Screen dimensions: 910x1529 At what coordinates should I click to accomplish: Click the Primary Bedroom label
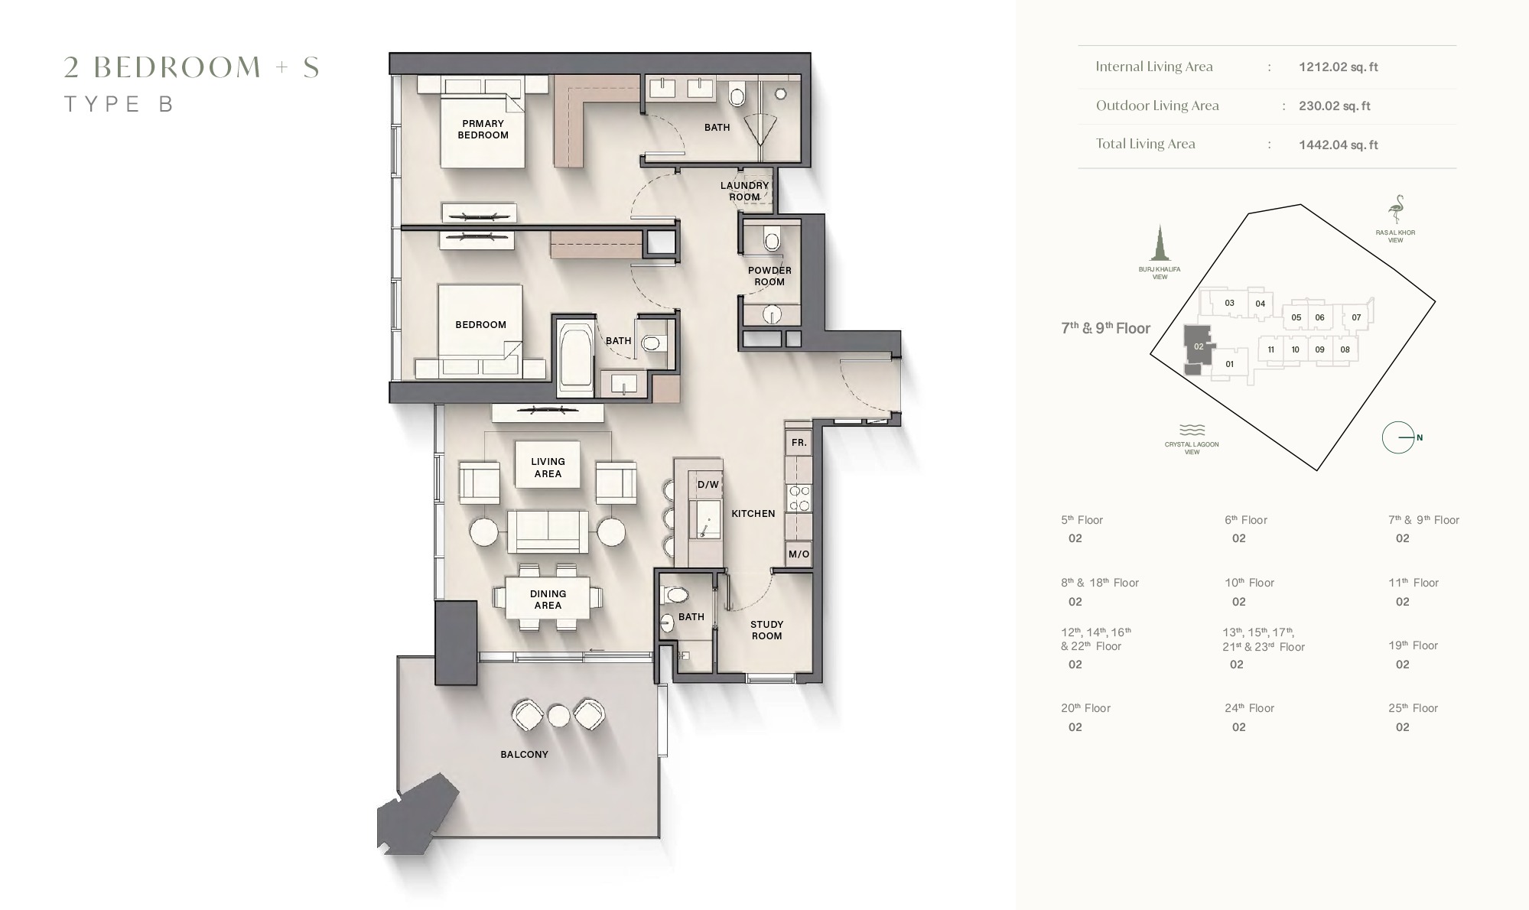click(483, 129)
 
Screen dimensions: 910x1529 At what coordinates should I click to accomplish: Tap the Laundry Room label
click(744, 191)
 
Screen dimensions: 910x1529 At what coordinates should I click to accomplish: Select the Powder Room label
click(769, 276)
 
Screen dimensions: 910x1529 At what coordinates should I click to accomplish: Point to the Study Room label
click(766, 630)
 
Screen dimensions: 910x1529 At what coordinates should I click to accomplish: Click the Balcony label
click(524, 755)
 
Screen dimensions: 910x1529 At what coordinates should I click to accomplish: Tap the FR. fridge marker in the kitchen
click(799, 443)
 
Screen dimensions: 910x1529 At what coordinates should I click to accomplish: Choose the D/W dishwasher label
click(708, 485)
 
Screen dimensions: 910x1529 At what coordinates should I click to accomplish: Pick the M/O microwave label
click(799, 554)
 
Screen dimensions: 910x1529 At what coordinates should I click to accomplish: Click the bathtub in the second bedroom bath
click(575, 358)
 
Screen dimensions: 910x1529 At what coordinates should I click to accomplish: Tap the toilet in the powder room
click(772, 242)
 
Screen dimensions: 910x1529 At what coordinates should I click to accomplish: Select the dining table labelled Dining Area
click(548, 599)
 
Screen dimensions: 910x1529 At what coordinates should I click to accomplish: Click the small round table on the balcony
click(559, 716)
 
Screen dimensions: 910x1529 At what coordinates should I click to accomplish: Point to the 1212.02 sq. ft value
click(1338, 67)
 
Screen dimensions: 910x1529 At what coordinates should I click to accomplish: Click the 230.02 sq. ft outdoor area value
click(1334, 106)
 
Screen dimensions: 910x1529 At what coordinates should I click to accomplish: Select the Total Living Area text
click(1145, 144)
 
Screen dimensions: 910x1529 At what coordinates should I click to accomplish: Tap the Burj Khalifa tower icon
click(1160, 244)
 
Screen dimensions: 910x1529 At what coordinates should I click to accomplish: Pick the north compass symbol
click(1399, 437)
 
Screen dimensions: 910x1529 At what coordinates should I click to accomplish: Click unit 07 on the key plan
click(1355, 317)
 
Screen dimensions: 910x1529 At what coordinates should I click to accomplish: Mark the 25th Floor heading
click(1413, 709)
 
